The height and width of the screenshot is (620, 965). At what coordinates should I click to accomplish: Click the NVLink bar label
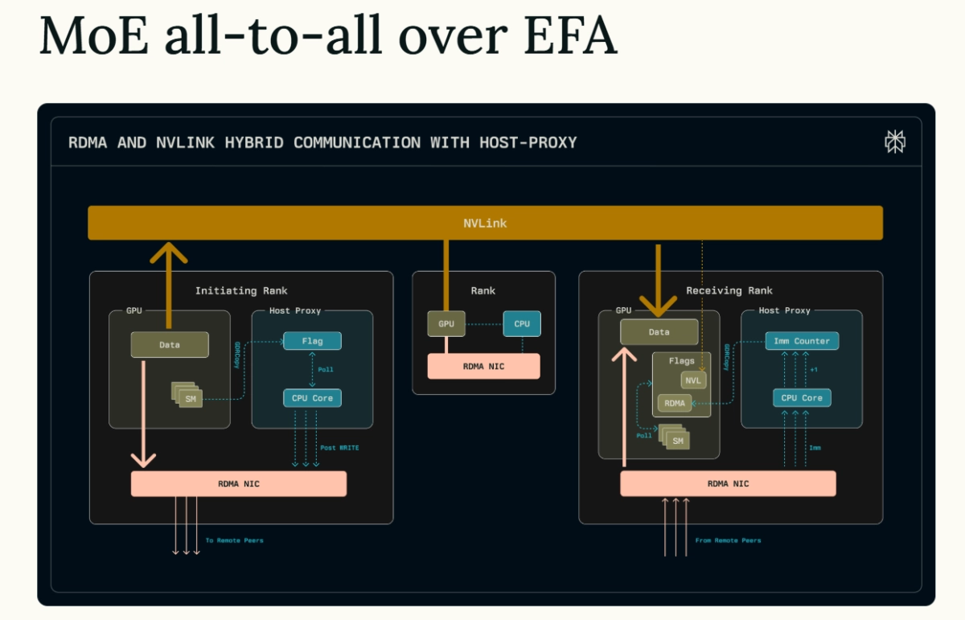(485, 223)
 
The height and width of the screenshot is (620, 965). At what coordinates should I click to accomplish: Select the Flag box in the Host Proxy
(312, 341)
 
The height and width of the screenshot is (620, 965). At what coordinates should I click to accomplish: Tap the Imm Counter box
(801, 341)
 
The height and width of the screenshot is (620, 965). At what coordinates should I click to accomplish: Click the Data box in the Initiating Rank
(170, 344)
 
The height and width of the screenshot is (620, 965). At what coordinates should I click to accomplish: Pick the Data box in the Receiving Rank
(659, 331)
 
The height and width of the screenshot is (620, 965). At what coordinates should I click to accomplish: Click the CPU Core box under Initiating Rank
(312, 398)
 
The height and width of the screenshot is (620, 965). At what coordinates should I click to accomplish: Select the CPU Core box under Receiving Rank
(801, 398)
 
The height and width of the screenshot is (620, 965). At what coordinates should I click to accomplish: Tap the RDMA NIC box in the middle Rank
(483, 366)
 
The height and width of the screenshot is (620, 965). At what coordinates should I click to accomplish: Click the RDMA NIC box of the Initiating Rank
(239, 483)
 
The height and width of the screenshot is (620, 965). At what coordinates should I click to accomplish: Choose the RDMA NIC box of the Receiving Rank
(728, 483)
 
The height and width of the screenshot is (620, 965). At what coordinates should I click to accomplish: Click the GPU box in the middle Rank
(446, 324)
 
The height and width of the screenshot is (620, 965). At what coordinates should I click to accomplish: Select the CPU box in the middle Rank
(522, 324)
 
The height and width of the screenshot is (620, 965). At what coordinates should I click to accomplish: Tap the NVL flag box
(693, 380)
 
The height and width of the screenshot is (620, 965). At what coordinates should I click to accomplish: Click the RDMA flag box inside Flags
(675, 404)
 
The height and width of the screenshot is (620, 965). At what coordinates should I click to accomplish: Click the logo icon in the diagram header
(894, 142)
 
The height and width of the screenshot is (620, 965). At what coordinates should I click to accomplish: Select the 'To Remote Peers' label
(234, 540)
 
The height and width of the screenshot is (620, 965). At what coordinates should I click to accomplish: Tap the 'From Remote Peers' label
(728, 540)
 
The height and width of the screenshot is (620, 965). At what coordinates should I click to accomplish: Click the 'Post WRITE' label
(339, 447)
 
